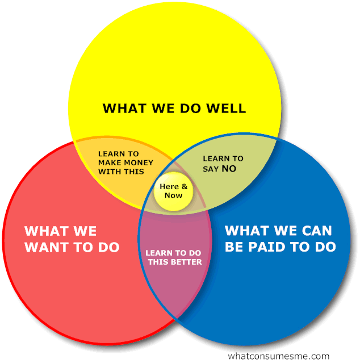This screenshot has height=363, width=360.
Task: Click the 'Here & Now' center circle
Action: pyautogui.click(x=174, y=191)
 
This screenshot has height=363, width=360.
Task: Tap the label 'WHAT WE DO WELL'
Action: pyautogui.click(x=174, y=108)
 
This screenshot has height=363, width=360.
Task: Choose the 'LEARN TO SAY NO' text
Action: pyautogui.click(x=223, y=164)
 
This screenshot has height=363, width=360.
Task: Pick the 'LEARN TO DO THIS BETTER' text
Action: pyautogui.click(x=174, y=257)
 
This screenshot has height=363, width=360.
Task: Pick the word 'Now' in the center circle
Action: pyautogui.click(x=174, y=195)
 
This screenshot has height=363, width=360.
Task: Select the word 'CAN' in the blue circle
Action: pyautogui.click(x=311, y=231)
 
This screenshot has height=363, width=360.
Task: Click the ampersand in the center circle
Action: pyautogui.click(x=184, y=187)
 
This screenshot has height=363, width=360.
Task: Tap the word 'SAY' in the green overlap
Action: pyautogui.click(x=211, y=169)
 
